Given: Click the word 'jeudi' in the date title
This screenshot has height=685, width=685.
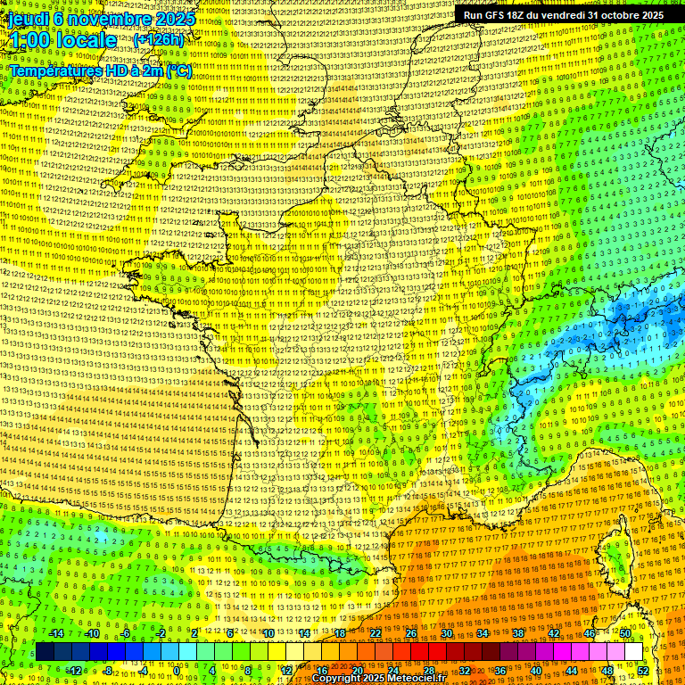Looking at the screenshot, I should tap(29, 18).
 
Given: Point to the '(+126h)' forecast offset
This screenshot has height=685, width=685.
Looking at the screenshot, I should tap(159, 40).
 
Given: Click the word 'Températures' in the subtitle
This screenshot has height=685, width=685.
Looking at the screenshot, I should tap(55, 70).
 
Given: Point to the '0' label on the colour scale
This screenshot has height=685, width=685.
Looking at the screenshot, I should tap(177, 671).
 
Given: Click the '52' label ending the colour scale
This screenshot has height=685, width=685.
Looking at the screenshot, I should tap(643, 671).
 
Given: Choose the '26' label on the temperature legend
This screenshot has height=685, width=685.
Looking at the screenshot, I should tap(411, 633).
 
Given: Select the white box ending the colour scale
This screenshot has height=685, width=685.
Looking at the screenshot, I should tap(633, 652).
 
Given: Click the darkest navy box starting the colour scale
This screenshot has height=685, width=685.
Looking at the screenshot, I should tap(45, 652).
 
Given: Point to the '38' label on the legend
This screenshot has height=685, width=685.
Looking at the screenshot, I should tap(518, 633).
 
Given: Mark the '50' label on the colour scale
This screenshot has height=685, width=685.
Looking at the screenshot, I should tap(625, 633).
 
